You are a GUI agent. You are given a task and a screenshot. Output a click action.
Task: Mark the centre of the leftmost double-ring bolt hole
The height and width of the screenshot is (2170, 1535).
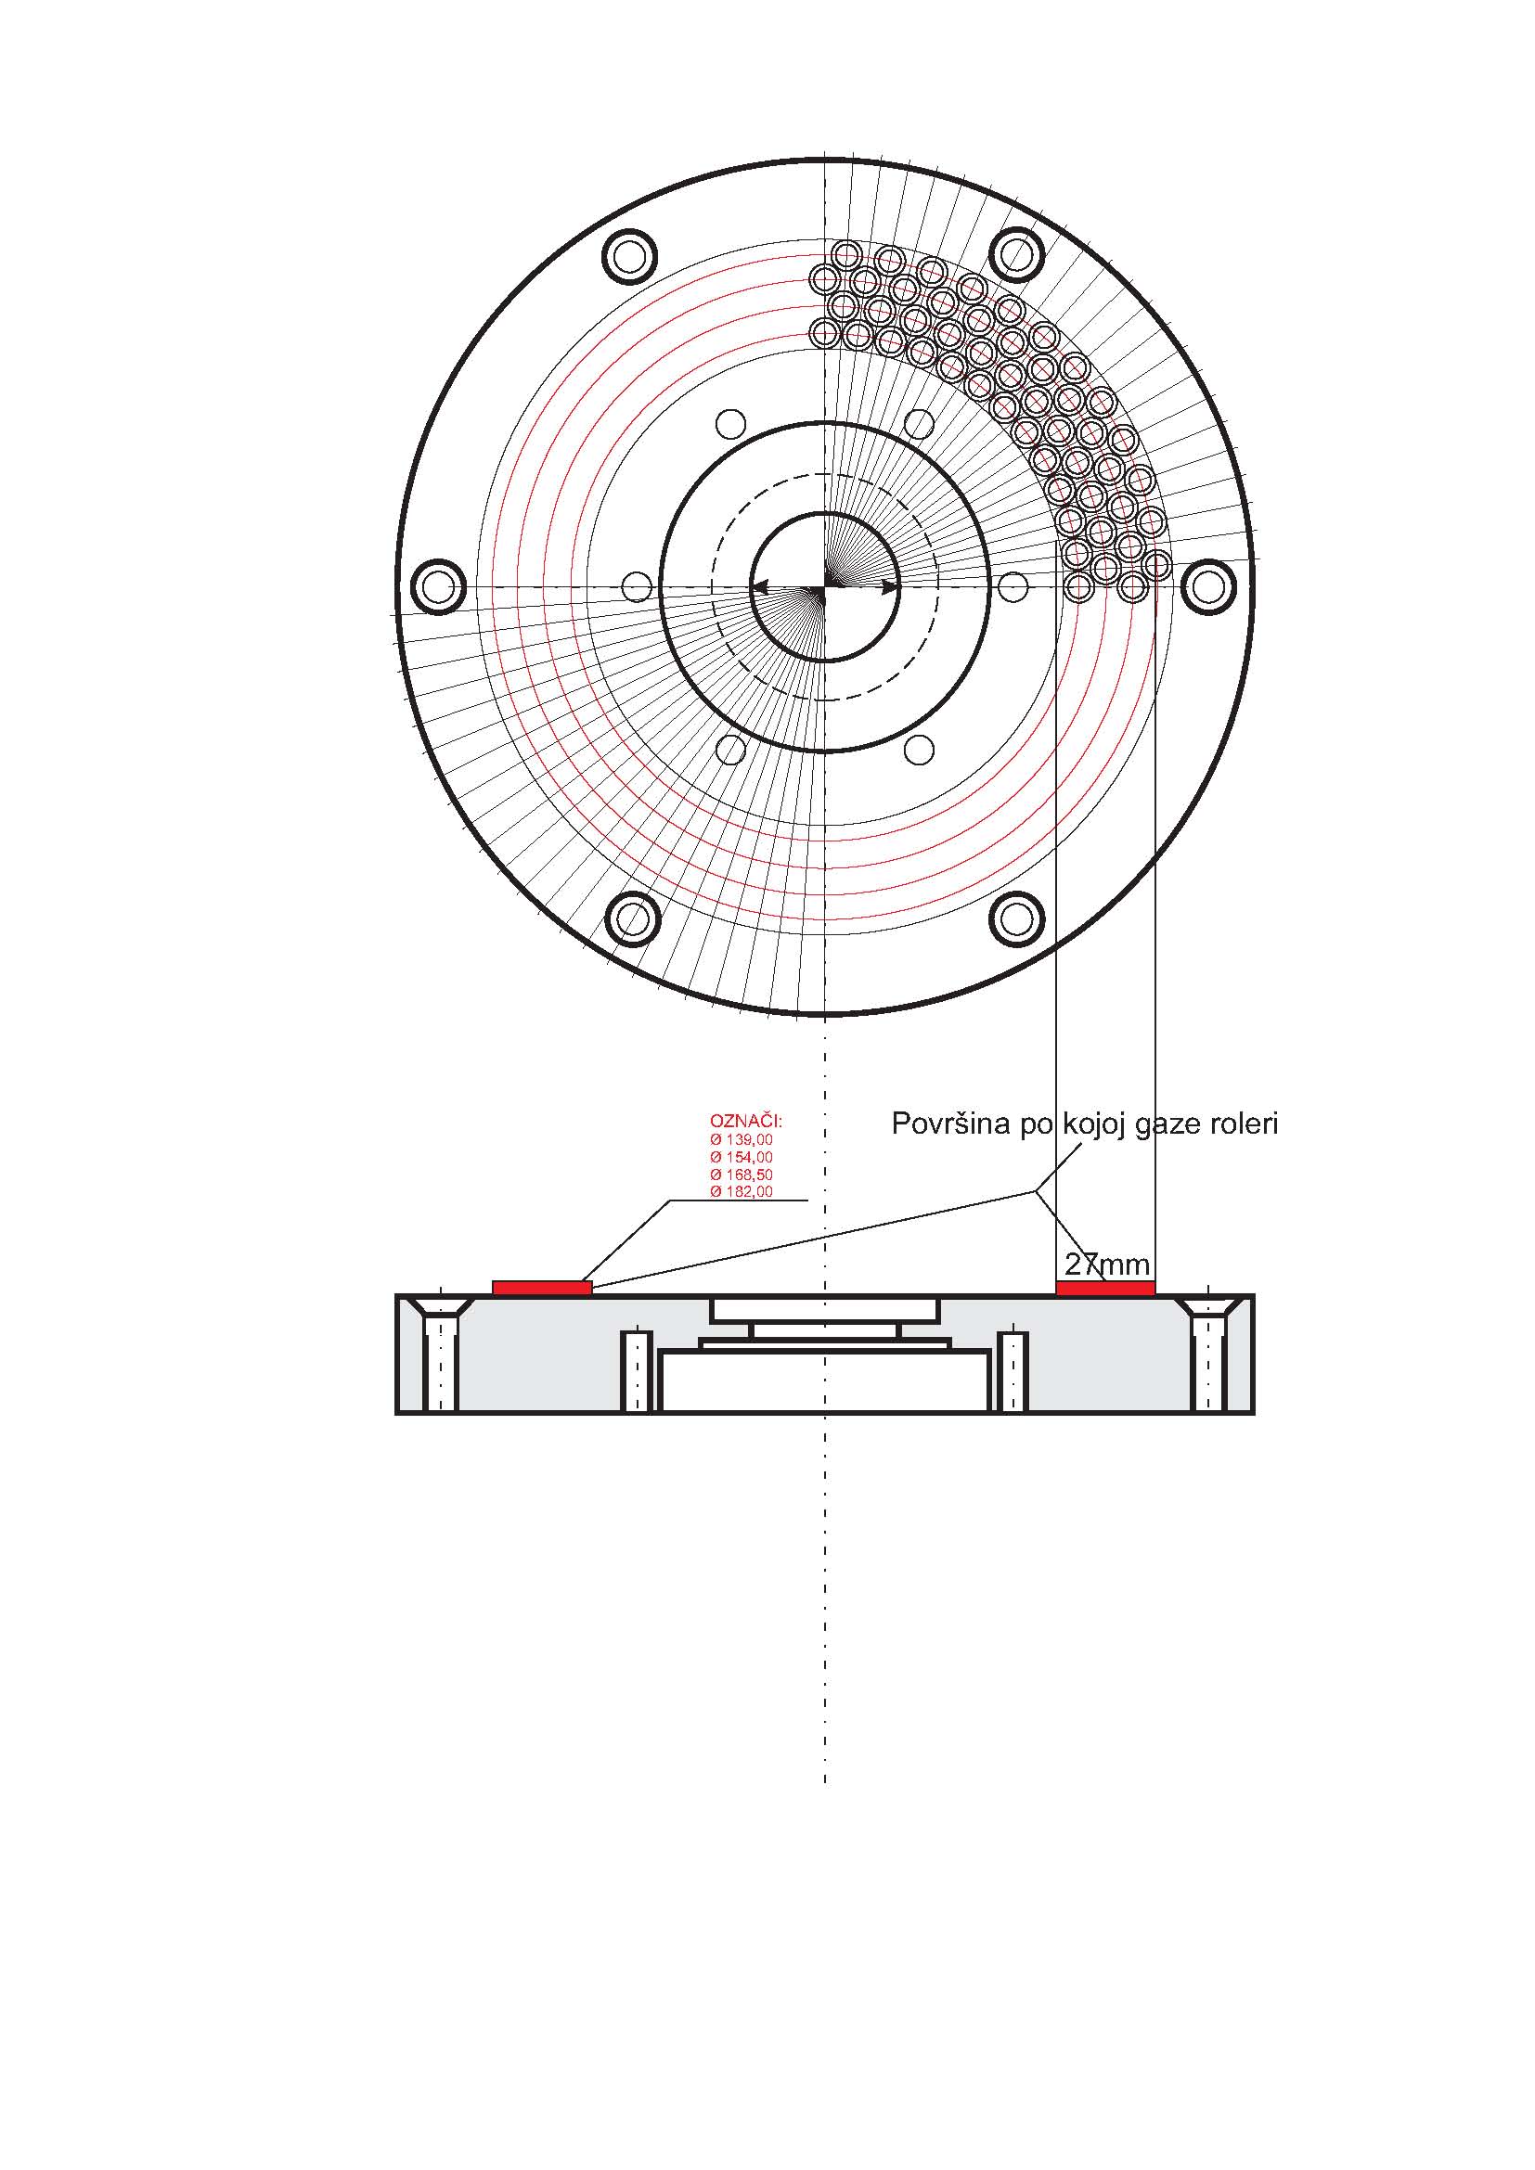tap(439, 587)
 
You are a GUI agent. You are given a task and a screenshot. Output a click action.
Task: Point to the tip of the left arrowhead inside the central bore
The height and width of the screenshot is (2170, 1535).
tap(754, 587)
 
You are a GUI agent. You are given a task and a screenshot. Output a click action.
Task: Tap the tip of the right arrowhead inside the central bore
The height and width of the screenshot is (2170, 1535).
tap(898, 587)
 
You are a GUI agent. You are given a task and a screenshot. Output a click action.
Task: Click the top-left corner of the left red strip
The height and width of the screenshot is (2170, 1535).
tap(494, 1281)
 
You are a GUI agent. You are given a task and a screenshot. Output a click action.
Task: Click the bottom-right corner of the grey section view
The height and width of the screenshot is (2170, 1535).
tap(1255, 1414)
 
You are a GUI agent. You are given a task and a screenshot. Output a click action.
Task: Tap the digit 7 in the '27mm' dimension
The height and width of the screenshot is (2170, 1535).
tap(1088, 1265)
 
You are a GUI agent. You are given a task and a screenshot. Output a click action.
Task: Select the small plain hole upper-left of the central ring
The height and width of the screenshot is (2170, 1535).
tap(730, 423)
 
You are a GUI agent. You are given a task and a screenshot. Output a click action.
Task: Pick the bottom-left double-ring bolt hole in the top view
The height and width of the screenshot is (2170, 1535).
tap(631, 918)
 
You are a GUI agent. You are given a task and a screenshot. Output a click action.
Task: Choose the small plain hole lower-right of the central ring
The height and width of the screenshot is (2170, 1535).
tap(919, 750)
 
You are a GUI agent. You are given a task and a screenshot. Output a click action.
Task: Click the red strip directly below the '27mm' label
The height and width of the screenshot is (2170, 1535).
tap(1105, 1289)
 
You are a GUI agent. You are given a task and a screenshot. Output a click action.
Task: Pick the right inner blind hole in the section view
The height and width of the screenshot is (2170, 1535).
tap(1013, 1370)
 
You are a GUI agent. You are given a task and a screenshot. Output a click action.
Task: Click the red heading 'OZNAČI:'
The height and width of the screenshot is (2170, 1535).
tap(746, 1122)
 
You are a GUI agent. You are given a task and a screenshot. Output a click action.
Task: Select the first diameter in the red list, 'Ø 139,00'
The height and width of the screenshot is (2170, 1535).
tap(742, 1140)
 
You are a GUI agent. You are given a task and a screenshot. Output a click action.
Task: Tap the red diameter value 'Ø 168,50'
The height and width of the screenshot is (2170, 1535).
tap(742, 1175)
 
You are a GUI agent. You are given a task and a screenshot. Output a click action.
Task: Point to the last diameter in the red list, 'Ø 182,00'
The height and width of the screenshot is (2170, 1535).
tap(742, 1192)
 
